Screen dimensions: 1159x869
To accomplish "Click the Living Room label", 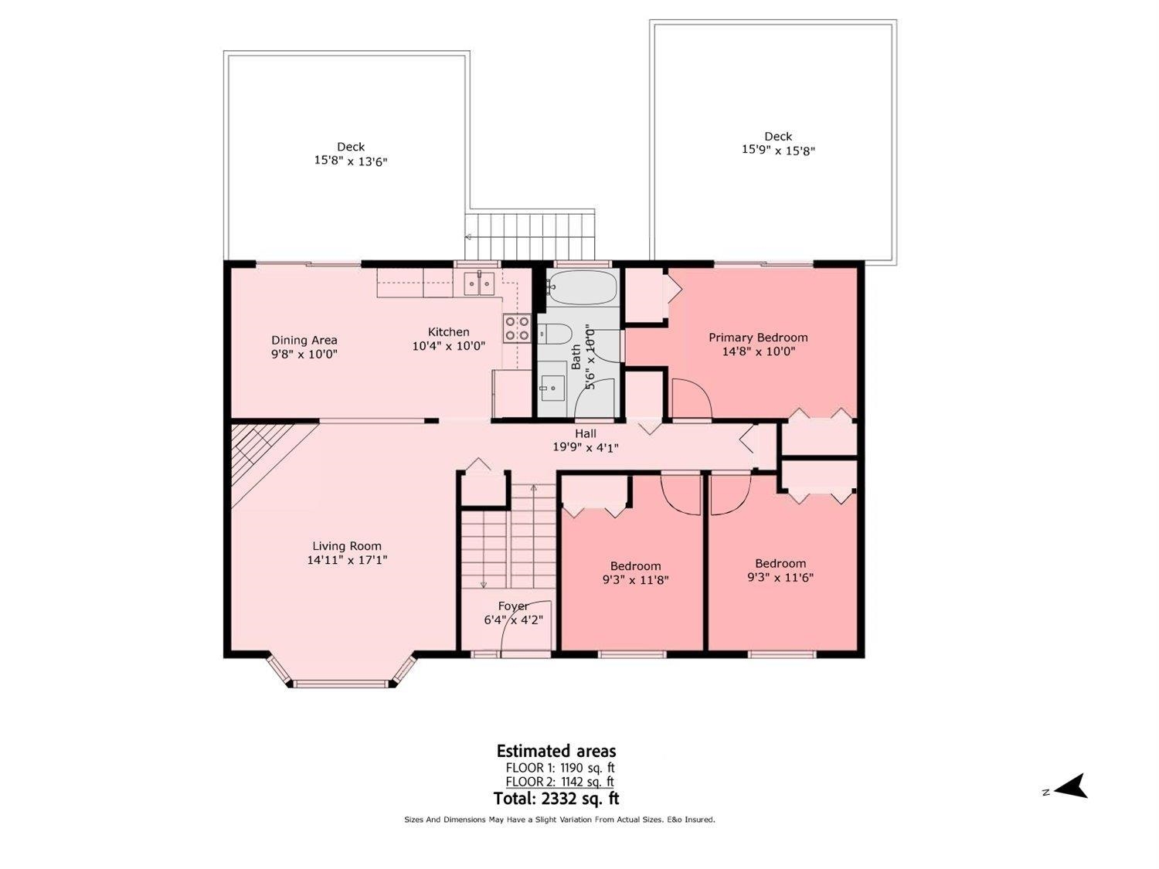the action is (x=346, y=546).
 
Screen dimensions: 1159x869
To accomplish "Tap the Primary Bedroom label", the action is (x=758, y=338).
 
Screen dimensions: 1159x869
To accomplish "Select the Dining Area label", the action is (x=304, y=341).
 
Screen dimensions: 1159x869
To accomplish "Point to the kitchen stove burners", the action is (x=517, y=328).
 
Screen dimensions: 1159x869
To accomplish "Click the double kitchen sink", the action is (x=479, y=283).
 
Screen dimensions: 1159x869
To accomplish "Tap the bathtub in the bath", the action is (x=581, y=287).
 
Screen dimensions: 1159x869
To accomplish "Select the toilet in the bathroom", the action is (x=555, y=334).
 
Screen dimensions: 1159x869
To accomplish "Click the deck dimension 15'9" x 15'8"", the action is (x=778, y=151).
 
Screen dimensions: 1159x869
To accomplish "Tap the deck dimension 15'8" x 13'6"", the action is (x=351, y=161).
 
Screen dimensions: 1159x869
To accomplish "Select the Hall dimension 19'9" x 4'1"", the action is (x=586, y=447).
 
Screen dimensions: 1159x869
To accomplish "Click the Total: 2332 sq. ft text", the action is (x=556, y=798).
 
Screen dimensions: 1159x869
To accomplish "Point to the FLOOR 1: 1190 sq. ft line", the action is (x=559, y=768).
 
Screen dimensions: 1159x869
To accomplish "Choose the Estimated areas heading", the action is (x=556, y=750).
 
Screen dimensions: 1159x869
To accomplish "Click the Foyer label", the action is (x=513, y=606).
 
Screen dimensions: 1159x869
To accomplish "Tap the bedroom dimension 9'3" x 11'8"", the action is (x=636, y=580).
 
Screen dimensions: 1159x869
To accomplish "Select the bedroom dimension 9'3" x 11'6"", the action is (x=780, y=577).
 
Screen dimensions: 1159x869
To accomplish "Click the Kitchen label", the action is (x=448, y=332).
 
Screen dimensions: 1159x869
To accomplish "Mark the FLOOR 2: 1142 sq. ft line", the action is (x=559, y=782).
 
